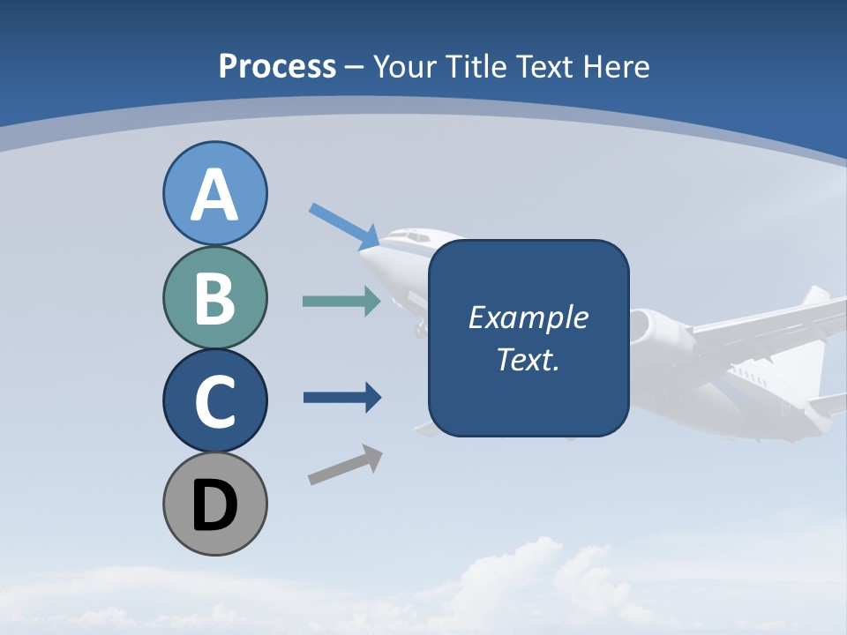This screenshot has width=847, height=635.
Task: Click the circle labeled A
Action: coord(214,193)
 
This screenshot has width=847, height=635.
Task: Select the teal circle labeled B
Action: coord(214,297)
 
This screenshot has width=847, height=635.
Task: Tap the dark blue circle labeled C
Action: coord(214,400)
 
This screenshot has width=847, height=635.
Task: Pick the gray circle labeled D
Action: coord(214,504)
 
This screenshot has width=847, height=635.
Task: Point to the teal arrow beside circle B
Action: coord(341,302)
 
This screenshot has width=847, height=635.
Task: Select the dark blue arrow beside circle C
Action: coord(341,398)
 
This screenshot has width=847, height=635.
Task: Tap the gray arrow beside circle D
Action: coord(345,465)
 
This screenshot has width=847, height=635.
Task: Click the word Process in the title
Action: coord(277,67)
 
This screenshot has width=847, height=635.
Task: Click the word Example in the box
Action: coord(528,317)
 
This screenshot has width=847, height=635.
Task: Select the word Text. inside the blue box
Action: coord(528,360)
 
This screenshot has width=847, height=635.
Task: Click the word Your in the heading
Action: coord(402,67)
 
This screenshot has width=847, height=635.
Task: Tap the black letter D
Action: coord(214,505)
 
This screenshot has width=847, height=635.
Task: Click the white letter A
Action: coord(214,195)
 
